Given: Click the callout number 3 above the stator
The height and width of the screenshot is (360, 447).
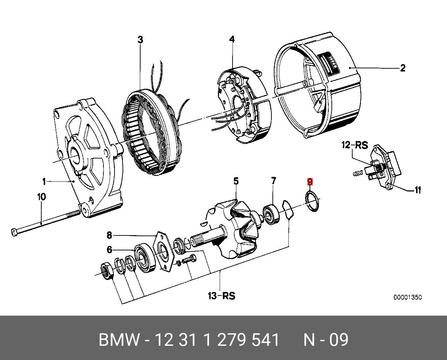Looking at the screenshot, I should [x=140, y=40].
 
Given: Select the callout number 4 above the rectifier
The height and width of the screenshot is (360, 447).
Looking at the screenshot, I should [x=232, y=39].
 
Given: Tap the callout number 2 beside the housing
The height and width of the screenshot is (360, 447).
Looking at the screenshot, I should [x=403, y=68].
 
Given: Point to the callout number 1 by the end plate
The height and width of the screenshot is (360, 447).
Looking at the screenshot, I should [x=44, y=181].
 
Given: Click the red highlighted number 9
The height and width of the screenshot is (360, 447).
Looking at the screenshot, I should [x=310, y=182].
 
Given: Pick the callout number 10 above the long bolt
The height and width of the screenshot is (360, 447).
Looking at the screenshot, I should [x=41, y=197].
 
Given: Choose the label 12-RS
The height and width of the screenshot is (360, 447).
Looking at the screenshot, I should [x=355, y=145].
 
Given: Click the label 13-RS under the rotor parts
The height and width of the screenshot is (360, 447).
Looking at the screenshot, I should [x=221, y=296].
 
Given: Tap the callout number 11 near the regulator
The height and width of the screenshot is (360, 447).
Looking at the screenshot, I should [x=418, y=190].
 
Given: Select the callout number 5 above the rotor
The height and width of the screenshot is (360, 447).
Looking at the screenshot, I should [x=236, y=181].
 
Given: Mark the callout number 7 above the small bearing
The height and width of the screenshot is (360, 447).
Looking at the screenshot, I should [x=273, y=181].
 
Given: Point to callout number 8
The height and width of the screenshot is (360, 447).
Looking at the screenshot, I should [x=109, y=235].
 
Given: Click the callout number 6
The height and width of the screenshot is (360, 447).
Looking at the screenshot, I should [x=109, y=249].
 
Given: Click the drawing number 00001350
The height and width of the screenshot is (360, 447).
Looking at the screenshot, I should [x=407, y=298].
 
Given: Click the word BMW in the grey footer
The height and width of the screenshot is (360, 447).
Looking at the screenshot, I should [x=119, y=340].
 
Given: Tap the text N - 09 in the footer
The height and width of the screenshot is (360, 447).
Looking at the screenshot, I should [x=326, y=340].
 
